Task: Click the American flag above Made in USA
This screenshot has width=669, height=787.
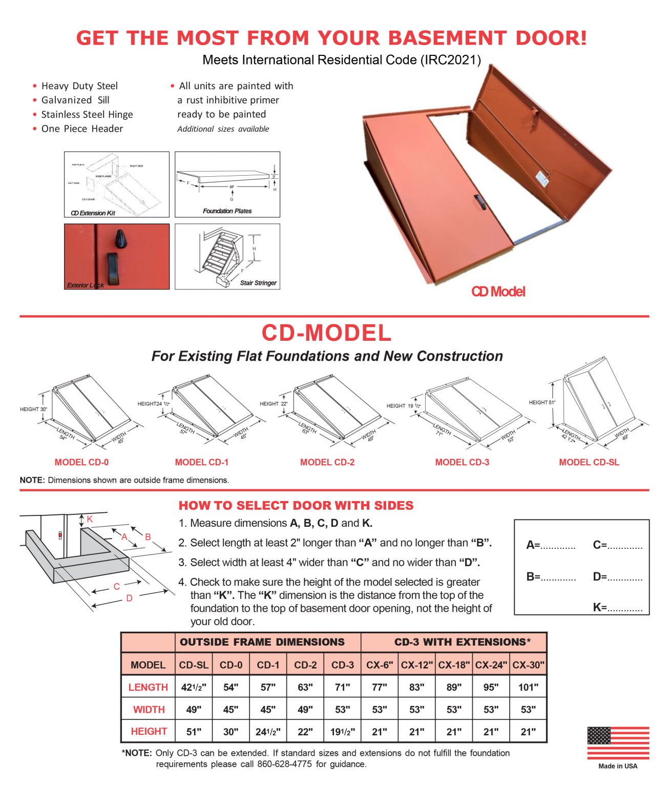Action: coord(618,743)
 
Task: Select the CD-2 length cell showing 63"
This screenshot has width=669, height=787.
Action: coord(305,687)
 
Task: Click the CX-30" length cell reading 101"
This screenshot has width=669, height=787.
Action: coord(528,687)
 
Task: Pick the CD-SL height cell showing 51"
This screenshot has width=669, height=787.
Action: coord(194,732)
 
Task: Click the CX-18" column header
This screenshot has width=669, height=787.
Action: coord(454,665)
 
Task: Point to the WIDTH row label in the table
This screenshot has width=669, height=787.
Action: coord(149,710)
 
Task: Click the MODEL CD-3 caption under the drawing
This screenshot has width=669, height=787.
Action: coord(462,462)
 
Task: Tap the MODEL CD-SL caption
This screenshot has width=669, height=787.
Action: coord(589,462)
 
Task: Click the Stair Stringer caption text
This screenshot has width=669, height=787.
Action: coord(258,283)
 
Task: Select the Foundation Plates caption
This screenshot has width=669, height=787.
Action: coord(227,211)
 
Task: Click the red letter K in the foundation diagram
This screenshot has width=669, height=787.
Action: coord(90,520)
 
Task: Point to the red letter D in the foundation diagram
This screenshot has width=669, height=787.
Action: coord(129,598)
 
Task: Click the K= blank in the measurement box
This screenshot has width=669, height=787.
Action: coord(617,608)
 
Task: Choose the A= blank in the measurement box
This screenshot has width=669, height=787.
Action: coord(551,545)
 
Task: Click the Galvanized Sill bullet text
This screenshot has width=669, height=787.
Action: coord(75,100)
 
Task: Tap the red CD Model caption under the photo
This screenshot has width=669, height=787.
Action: coord(498,292)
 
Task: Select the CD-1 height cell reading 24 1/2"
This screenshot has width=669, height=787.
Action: coord(268,732)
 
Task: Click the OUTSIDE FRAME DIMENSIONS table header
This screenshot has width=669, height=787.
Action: coord(262,642)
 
